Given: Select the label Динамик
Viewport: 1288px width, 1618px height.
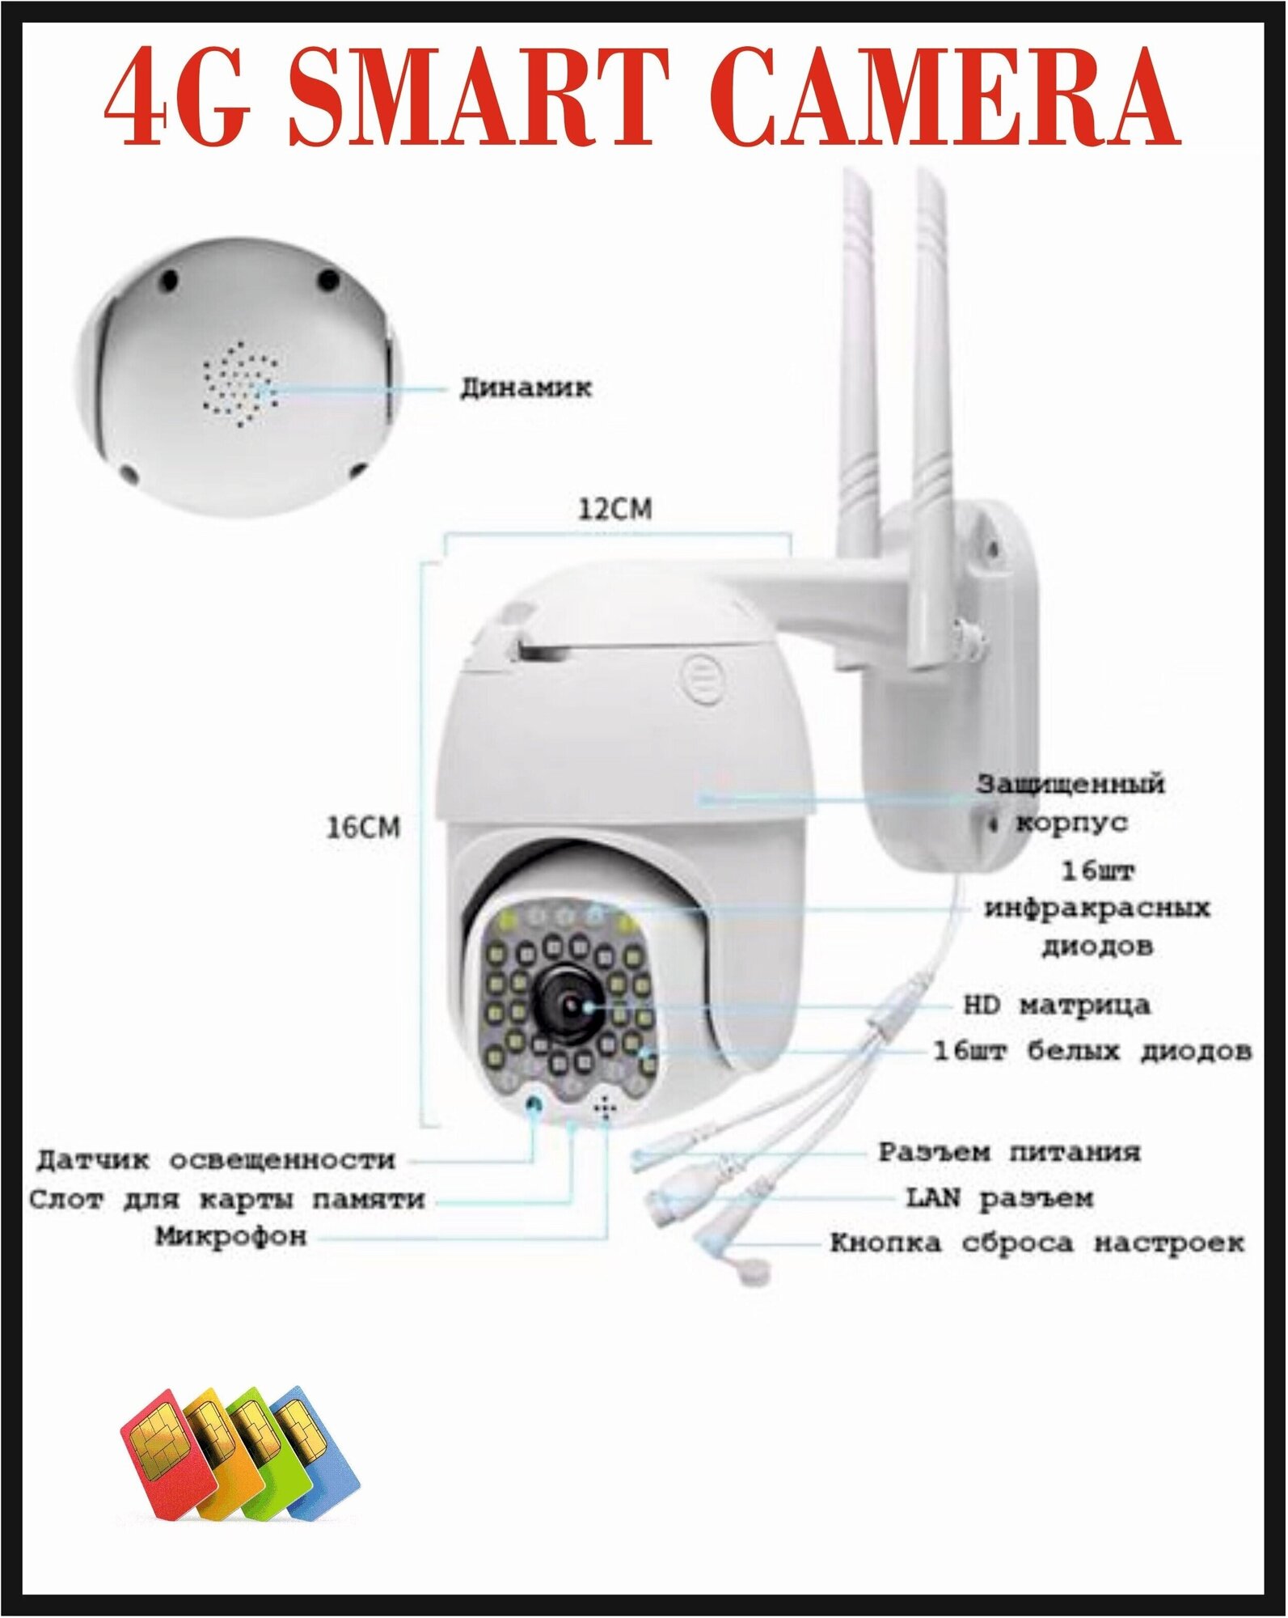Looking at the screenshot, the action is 538,388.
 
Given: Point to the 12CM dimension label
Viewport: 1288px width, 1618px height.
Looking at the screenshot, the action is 614,510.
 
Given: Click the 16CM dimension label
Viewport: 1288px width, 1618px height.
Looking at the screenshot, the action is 363,828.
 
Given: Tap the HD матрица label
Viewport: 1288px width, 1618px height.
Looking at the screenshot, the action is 1056,1006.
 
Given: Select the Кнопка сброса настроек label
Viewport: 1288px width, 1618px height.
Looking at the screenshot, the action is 1037,1243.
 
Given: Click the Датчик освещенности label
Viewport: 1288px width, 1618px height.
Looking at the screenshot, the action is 215,1160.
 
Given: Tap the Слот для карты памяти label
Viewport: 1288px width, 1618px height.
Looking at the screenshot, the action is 227,1199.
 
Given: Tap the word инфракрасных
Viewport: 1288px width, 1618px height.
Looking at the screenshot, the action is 1097,908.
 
